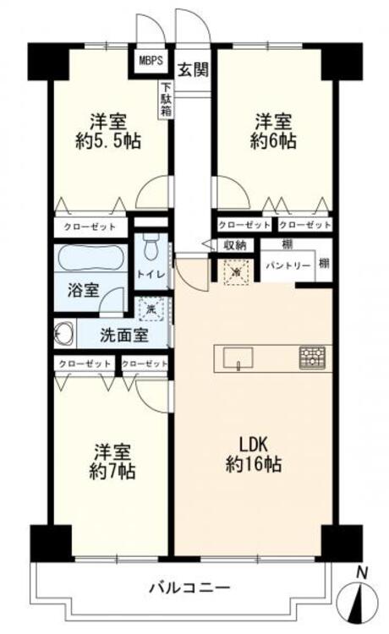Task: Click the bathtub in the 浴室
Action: point(90,258)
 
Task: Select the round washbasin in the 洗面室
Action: point(63,331)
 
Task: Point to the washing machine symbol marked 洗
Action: point(151,310)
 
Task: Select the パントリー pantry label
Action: point(288,265)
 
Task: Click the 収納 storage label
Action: point(234,245)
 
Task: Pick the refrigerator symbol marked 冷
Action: point(235,271)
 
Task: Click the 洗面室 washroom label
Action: point(124,335)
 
